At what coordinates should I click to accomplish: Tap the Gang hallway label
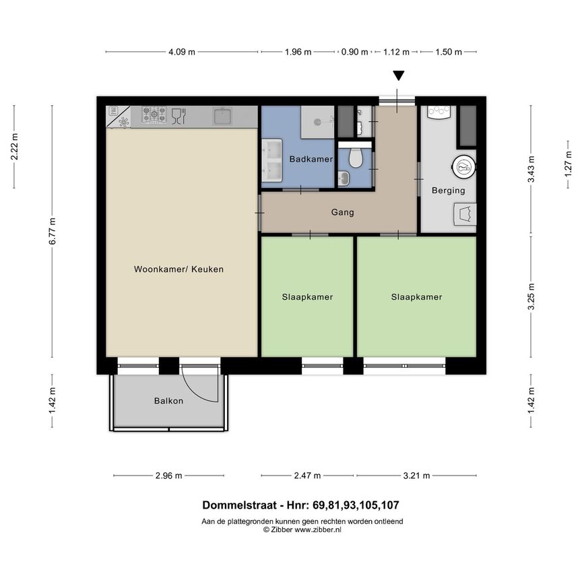(342, 212)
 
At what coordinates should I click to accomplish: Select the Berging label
(448, 191)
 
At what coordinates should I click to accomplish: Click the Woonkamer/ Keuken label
(179, 269)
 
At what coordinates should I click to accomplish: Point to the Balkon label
(168, 401)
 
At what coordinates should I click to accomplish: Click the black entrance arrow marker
(399, 77)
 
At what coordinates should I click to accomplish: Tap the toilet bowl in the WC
(355, 158)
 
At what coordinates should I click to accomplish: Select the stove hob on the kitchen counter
(154, 117)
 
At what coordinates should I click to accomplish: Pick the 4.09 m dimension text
(182, 52)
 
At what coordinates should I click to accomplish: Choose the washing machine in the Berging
(463, 164)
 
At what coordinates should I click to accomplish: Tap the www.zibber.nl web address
(317, 530)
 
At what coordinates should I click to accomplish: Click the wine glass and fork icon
(179, 117)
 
